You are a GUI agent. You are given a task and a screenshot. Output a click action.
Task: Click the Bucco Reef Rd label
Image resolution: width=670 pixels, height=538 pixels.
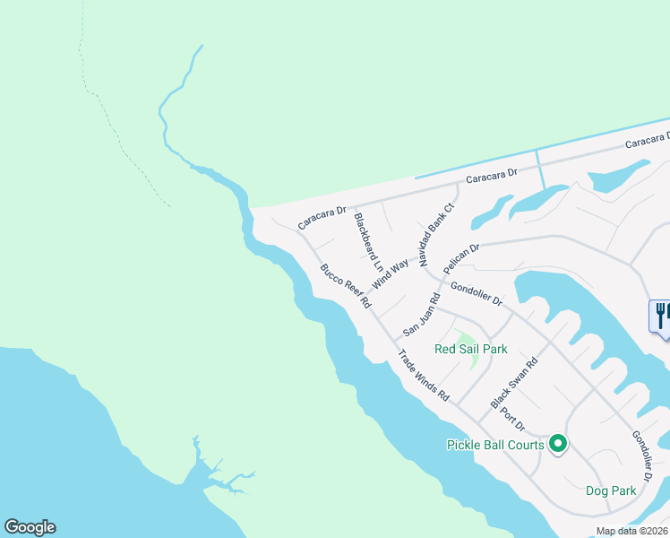point(346,286)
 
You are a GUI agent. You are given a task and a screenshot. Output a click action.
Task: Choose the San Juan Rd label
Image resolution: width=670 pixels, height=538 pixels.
point(421,313)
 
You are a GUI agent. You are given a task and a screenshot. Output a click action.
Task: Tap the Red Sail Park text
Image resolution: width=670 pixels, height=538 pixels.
point(470,349)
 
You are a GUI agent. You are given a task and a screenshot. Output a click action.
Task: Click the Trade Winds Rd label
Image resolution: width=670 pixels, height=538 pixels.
point(424,374)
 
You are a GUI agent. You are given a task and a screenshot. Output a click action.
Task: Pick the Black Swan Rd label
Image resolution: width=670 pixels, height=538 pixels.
point(513,382)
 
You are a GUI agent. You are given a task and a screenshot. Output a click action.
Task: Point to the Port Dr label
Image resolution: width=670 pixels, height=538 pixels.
point(512,417)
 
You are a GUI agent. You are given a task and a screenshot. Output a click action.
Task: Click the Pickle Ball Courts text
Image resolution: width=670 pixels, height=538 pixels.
point(495,445)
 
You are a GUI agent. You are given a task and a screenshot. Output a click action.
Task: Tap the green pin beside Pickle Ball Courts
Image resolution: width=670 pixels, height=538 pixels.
point(558,444)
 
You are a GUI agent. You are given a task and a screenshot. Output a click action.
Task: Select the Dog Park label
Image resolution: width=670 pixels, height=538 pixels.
point(611,490)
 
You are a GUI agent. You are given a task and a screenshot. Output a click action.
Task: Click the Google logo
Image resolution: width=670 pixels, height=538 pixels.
point(30,527)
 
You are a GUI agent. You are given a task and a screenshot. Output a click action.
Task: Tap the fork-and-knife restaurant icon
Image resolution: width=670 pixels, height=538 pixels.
point(661,316)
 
